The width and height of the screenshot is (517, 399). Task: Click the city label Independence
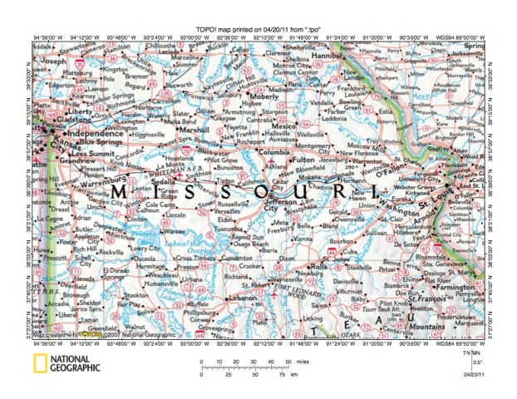pos(89,132)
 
